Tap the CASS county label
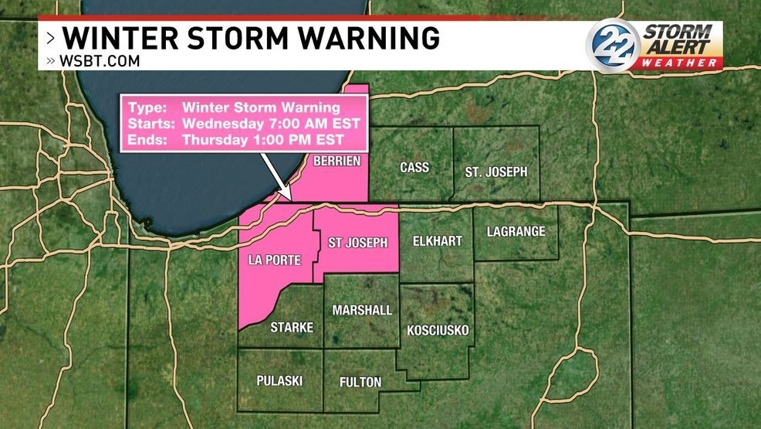click(414, 168)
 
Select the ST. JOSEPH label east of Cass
click(495, 172)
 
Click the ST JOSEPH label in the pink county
click(357, 242)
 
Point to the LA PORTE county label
click(275, 260)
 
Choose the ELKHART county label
click(437, 241)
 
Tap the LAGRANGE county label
click(516, 231)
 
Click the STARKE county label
click(292, 328)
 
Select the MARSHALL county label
click(362, 310)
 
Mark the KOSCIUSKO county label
click(438, 330)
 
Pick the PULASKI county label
click(279, 381)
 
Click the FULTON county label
click(360, 382)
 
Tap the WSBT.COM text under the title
click(98, 61)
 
